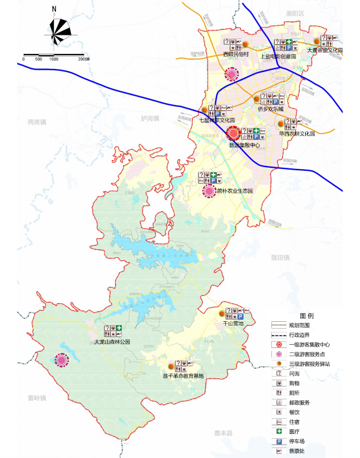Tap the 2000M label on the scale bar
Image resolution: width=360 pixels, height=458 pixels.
coord(84,59)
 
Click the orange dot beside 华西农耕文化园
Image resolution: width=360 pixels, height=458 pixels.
coord(280,124)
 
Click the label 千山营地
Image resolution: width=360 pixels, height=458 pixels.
coord(233,324)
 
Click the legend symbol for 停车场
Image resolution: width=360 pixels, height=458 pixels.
coord(281,441)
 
